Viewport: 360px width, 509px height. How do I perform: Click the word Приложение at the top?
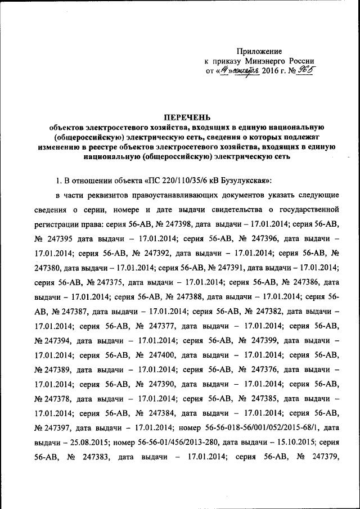[x=259, y=51]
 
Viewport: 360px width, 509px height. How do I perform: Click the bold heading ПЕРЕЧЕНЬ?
[x=187, y=117]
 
